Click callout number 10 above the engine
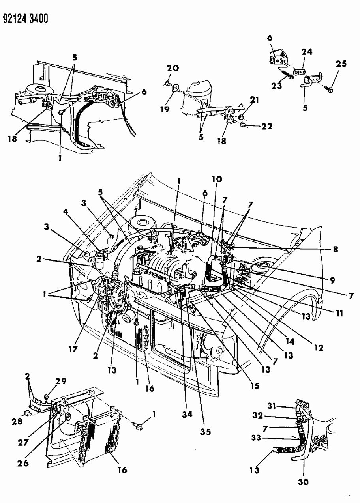(x=217, y=179)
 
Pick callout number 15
(x=255, y=385)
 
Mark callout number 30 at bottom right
(x=304, y=482)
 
